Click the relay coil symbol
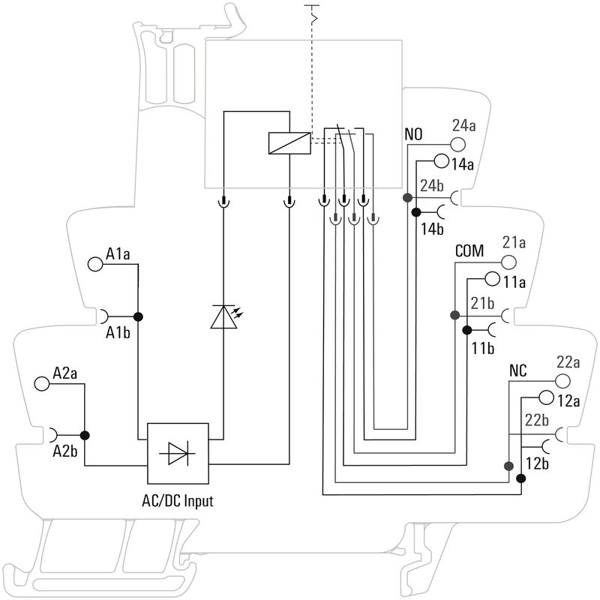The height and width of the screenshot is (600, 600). point(289,143)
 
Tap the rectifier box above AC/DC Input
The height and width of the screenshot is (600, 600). point(178,454)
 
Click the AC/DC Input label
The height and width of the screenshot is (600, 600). point(178,501)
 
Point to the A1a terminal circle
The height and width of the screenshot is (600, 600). point(95,264)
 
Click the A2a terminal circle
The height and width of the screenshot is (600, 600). point(42,383)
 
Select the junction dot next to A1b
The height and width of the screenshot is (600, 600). point(138,316)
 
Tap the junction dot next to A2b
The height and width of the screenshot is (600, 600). point(85,435)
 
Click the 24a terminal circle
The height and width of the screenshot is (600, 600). point(458,145)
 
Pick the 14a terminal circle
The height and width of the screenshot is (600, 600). point(441,161)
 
